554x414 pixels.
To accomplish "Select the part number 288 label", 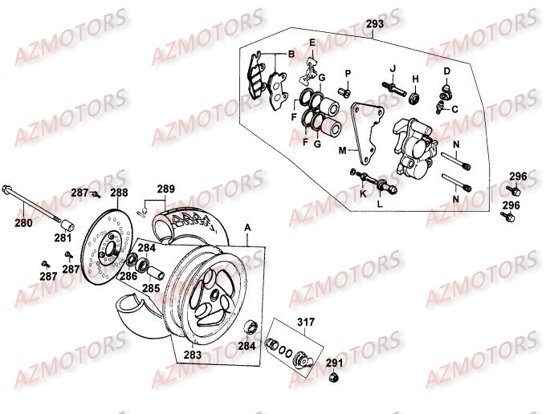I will [119, 193].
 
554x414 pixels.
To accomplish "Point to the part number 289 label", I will [165, 190].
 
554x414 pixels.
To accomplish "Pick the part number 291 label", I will [333, 363].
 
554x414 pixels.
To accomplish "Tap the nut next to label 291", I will [335, 377].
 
